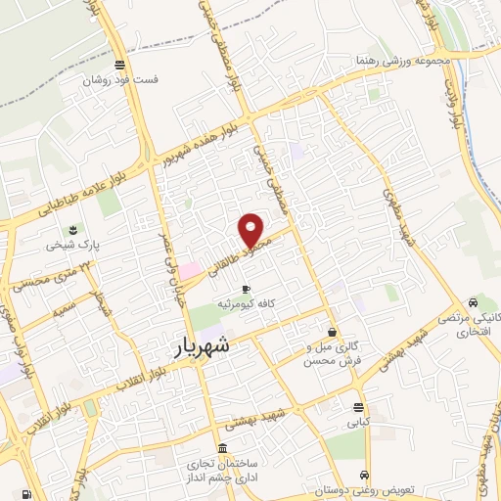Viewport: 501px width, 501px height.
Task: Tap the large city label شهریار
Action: (206, 345)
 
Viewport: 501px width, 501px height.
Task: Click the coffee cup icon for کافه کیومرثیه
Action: (245, 288)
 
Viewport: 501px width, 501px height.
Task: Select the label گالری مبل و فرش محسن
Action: (334, 354)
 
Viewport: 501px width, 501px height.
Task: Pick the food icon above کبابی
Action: (359, 407)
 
